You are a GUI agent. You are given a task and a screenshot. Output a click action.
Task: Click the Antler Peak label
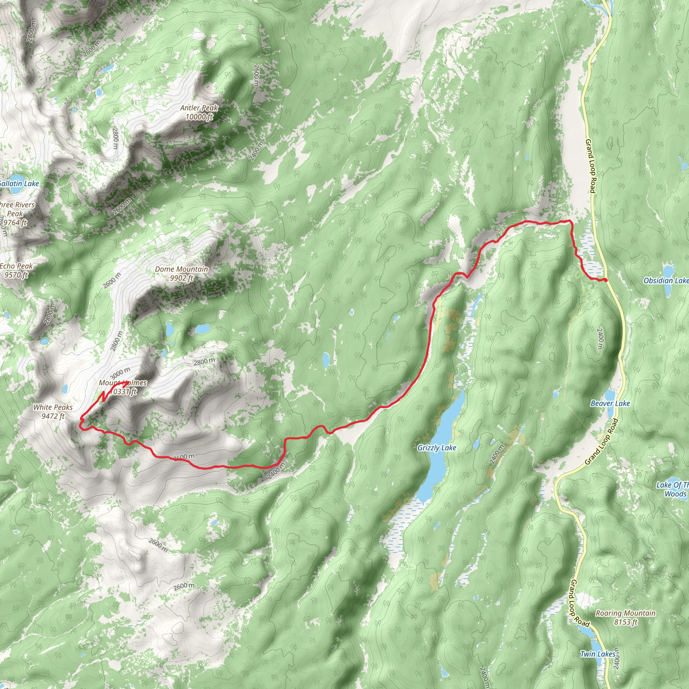click(198, 108)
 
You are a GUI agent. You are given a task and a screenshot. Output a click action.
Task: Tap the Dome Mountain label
click(181, 269)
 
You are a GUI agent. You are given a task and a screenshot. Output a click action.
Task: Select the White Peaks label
click(53, 407)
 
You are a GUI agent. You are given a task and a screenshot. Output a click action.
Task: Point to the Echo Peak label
click(16, 266)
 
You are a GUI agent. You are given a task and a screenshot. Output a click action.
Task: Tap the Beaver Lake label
click(610, 403)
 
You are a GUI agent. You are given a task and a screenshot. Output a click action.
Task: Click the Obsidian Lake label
click(665, 281)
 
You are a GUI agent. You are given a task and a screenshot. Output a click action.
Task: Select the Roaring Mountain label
click(625, 613)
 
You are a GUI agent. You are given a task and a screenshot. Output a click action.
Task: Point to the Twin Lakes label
click(598, 654)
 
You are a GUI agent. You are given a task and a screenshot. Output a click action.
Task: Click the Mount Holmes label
click(123, 383)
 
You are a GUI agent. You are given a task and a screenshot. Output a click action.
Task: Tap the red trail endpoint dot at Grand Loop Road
click(606, 280)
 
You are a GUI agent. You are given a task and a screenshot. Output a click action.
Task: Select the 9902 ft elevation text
click(181, 278)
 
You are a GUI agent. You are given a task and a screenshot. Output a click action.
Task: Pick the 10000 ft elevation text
click(198, 117)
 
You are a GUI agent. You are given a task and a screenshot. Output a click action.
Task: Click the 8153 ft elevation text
click(625, 622)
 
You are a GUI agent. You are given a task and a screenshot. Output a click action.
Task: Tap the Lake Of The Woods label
click(673, 489)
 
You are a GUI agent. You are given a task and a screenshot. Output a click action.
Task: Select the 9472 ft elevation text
click(53, 416)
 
